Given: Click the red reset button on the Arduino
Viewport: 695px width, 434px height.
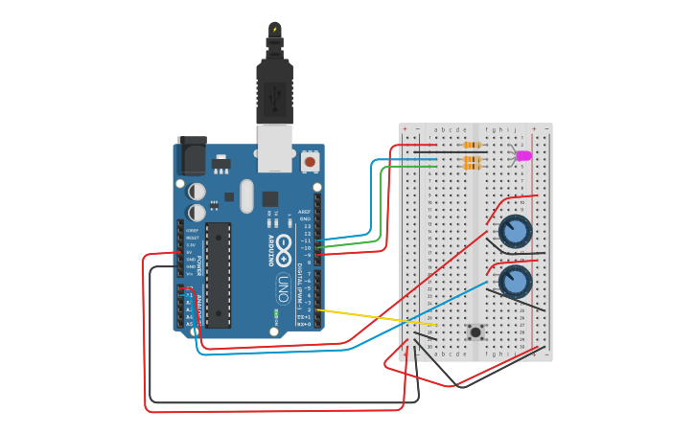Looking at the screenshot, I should (310, 162).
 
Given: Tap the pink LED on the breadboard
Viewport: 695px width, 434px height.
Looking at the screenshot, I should (522, 155).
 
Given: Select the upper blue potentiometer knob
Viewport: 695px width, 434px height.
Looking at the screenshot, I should (515, 231).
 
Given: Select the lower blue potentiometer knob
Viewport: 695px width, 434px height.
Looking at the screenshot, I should (515, 282).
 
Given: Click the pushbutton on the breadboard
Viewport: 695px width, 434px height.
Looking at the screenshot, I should (475, 332).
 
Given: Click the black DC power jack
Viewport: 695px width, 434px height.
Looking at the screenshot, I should (192, 154).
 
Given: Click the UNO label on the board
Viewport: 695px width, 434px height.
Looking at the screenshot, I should (283, 287).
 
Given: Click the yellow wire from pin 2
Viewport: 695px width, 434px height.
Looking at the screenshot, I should (374, 316).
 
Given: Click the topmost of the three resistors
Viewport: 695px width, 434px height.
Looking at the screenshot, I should (471, 145).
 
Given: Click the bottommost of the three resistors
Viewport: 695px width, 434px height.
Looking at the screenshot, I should (471, 167).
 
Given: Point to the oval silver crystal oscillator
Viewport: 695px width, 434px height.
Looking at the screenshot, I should (247, 196).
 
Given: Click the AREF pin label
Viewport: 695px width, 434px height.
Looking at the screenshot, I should (305, 212).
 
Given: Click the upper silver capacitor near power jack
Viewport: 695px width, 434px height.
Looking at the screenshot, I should (197, 192).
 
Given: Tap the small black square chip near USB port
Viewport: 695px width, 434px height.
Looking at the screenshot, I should (270, 199).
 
